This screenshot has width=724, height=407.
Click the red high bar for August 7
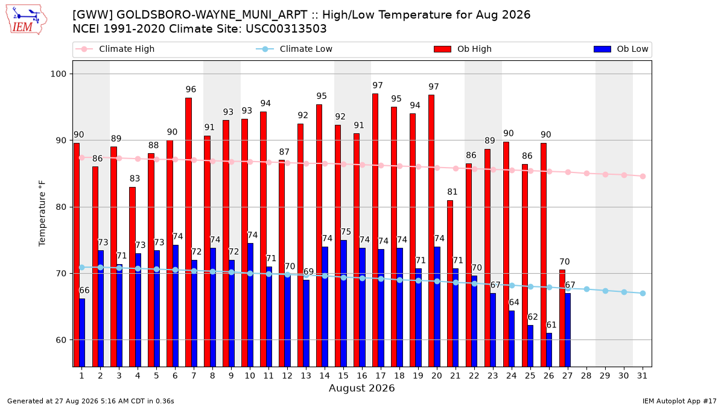[x=188, y=232]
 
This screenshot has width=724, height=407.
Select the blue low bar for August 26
[x=549, y=350]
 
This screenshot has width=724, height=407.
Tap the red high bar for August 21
[x=450, y=283]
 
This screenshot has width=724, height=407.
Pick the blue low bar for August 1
[x=82, y=333]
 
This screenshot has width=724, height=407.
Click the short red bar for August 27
[x=562, y=318]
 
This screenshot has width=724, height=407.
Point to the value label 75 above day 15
[x=346, y=232]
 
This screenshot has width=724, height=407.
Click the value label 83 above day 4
[x=135, y=178]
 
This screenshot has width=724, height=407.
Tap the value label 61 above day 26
[x=551, y=324]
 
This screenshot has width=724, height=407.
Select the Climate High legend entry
[x=115, y=49]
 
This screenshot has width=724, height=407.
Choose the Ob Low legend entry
[x=621, y=49]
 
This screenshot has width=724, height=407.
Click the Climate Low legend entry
[x=294, y=49]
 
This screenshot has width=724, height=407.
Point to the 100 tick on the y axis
[x=59, y=74]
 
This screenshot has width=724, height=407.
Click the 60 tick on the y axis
[x=61, y=340]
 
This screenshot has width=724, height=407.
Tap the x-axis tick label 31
[x=642, y=376]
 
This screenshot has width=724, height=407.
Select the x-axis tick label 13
[x=306, y=376]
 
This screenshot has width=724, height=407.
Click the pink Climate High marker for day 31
[x=643, y=176]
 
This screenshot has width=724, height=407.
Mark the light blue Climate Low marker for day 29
[x=605, y=291]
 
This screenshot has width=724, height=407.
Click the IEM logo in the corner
[x=26, y=20]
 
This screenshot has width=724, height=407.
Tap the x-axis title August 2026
[x=361, y=388]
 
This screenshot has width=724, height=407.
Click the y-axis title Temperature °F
[x=42, y=213]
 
